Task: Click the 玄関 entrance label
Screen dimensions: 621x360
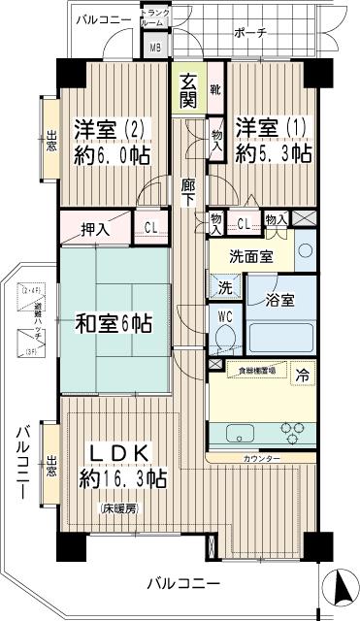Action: click(188, 89)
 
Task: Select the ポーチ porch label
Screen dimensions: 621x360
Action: click(249, 32)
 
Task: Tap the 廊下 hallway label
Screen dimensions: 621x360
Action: click(189, 189)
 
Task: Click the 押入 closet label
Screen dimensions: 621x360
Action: click(94, 229)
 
